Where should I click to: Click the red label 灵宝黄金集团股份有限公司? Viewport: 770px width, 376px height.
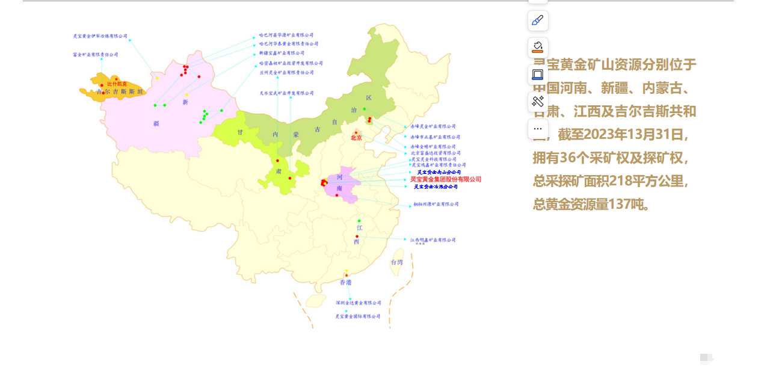[446, 179]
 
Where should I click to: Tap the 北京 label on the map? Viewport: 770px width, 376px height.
[356, 138]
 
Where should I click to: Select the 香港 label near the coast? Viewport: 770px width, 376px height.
[345, 282]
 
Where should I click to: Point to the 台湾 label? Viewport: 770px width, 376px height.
[397, 262]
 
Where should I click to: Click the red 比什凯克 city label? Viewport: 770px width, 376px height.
[117, 84]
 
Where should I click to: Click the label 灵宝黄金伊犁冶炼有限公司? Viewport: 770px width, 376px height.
[100, 36]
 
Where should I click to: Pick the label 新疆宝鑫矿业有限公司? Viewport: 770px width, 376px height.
[282, 53]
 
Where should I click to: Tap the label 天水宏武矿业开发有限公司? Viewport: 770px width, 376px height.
[286, 93]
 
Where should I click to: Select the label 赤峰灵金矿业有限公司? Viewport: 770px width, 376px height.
[433, 126]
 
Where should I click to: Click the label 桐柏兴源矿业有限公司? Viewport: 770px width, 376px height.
[436, 204]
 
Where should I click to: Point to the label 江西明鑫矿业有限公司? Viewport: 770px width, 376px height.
[433, 240]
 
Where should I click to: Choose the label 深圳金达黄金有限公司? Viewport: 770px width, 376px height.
[358, 303]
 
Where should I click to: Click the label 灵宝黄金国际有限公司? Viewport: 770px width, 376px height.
[358, 316]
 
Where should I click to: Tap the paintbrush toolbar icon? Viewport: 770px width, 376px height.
[538, 20]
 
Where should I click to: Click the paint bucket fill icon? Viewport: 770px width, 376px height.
[538, 47]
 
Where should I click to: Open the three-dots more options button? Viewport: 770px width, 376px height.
[538, 129]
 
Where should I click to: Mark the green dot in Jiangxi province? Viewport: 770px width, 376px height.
[359, 221]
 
